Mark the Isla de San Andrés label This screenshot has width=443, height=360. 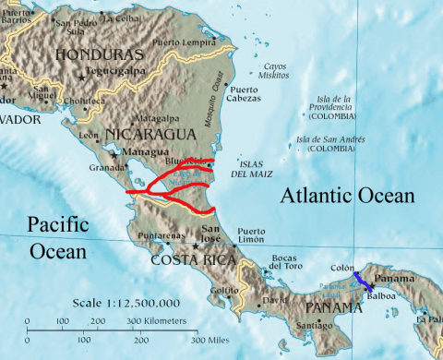[327, 143]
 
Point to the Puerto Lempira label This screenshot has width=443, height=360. [204, 42]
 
